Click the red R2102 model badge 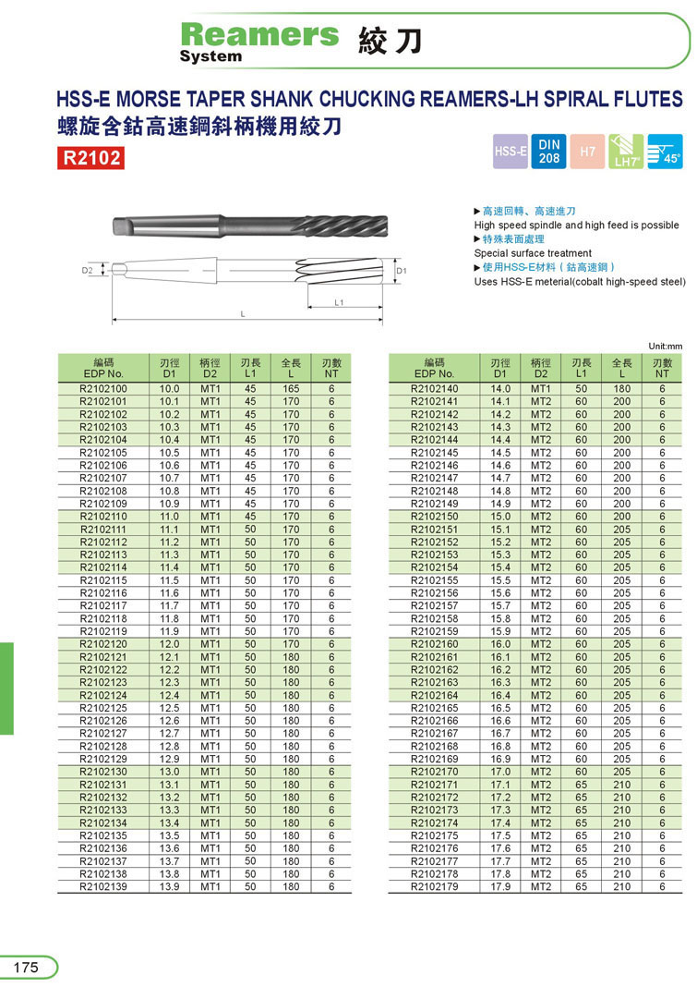(90, 157)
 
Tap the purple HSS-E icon (511, 152)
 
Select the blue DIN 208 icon (549, 152)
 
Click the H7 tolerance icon (587, 152)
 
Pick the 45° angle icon (665, 152)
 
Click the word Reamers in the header (259, 34)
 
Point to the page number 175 (26, 967)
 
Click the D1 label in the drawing (401, 271)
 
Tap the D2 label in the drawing (87, 271)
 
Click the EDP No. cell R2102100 (103, 389)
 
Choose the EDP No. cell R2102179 (434, 886)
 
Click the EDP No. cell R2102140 (434, 389)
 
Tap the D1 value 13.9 (169, 886)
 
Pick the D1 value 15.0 (500, 517)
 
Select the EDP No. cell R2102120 (103, 644)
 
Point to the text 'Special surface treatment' (533, 253)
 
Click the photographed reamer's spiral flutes (346, 225)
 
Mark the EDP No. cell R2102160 (434, 644)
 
